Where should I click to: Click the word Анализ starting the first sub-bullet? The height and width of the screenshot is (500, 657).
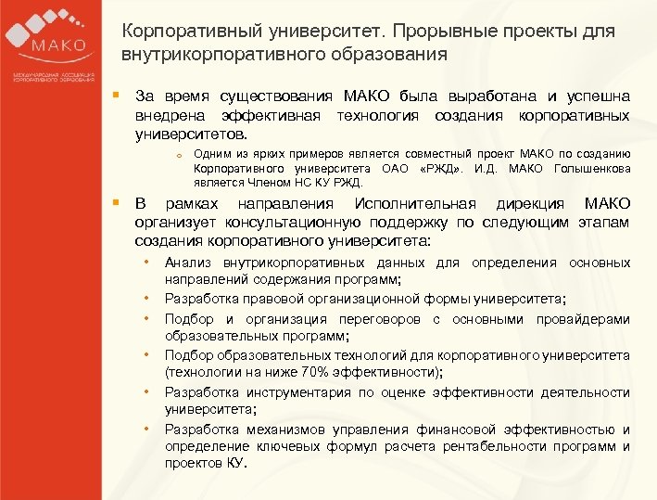click(189, 263)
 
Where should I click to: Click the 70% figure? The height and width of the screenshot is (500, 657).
click(310, 373)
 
